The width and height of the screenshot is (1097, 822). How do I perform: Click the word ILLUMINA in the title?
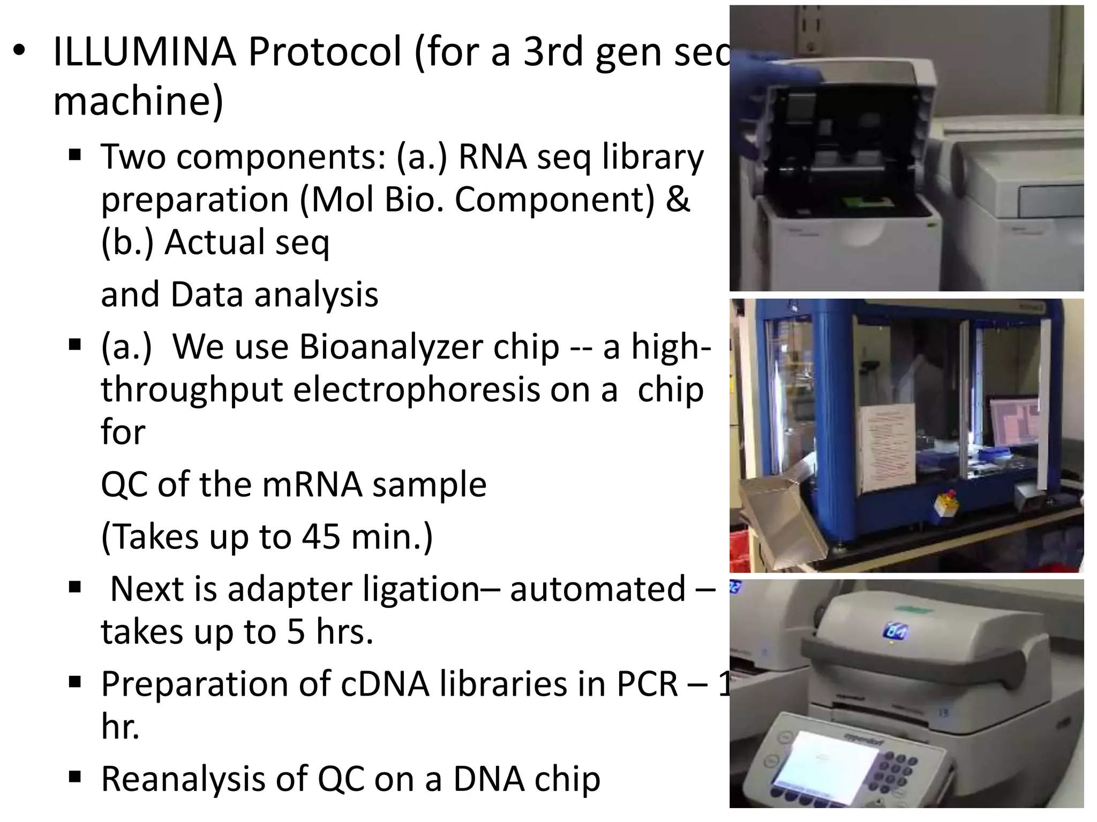[x=145, y=52]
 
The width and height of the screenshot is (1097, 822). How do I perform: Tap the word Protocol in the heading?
[x=325, y=52]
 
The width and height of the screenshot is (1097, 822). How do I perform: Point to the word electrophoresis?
[x=416, y=390]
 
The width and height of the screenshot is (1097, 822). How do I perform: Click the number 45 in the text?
[x=320, y=536]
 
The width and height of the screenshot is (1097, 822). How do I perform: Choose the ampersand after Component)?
[x=678, y=200]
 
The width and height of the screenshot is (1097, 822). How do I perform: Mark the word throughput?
[x=192, y=390]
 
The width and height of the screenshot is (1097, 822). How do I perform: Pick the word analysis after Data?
[x=316, y=295]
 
